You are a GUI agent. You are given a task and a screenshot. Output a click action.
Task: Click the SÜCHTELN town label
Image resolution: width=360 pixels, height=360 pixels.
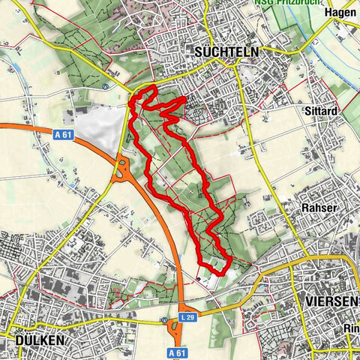[225, 52]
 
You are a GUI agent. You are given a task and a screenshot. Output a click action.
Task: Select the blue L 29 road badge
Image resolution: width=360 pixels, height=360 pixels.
[187, 318]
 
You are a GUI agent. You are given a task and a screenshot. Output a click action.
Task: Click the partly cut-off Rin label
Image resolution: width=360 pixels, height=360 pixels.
[350, 328]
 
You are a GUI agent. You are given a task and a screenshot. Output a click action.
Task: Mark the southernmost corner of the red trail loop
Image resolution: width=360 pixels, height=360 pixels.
[218, 272]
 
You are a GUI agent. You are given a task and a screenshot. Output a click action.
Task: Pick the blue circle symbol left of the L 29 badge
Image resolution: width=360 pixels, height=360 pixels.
[163, 319]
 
